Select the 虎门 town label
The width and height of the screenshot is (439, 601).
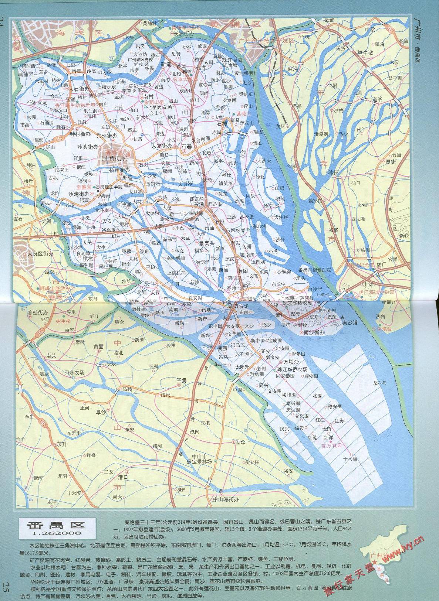tap(370, 265)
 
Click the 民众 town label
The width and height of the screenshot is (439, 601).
tap(240, 441)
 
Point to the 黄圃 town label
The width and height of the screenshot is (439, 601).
tap(98, 347)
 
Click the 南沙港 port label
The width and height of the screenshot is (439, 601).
tap(351, 322)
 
